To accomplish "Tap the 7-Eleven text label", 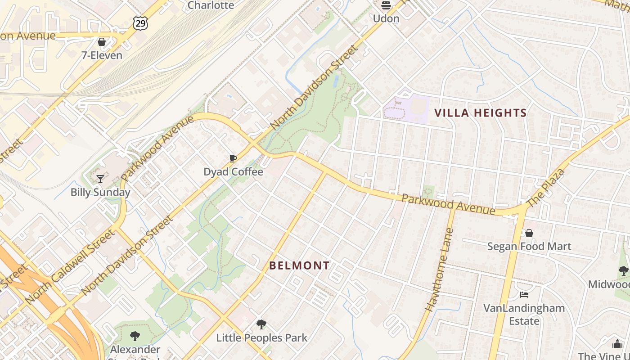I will pyautogui.click(x=102, y=55).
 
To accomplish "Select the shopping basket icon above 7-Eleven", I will pyautogui.click(x=102, y=42).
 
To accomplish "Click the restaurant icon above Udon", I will pyautogui.click(x=386, y=5).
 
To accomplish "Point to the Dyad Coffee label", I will pyautogui.click(x=233, y=171).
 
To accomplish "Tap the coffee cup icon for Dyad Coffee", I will pyautogui.click(x=233, y=158).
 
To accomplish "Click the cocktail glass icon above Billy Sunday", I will pyautogui.click(x=100, y=179).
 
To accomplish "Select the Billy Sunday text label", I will pyautogui.click(x=100, y=192).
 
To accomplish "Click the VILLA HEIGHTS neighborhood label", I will pyautogui.click(x=480, y=113).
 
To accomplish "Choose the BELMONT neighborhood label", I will pyautogui.click(x=299, y=265).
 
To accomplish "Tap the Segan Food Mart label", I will pyautogui.click(x=530, y=247).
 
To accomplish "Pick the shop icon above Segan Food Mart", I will pyautogui.click(x=529, y=233).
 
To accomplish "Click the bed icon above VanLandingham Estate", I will pyautogui.click(x=524, y=295).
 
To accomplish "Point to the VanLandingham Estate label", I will pyautogui.click(x=524, y=314).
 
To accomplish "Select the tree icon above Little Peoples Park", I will pyautogui.click(x=261, y=324).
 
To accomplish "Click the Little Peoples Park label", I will pyautogui.click(x=262, y=337).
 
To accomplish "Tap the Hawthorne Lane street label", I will pyautogui.click(x=439, y=270).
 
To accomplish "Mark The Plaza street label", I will pyautogui.click(x=544, y=188).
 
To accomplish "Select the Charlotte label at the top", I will pyautogui.click(x=211, y=5).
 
